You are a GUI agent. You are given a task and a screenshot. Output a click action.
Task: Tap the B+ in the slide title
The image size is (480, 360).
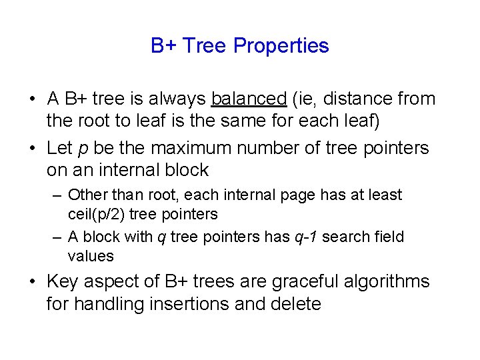tap(163, 46)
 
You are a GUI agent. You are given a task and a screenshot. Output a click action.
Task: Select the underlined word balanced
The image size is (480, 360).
tap(248, 99)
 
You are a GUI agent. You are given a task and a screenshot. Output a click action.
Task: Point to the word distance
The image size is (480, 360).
tap(346, 99)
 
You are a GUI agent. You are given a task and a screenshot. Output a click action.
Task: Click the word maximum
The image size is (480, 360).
tap(192, 147)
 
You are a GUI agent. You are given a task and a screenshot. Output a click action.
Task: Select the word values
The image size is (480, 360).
tap(91, 256)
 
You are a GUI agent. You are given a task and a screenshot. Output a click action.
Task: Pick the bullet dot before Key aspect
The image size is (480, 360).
tap(32, 282)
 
